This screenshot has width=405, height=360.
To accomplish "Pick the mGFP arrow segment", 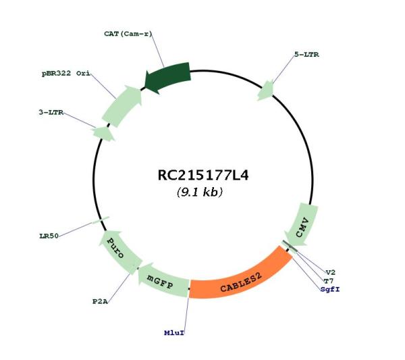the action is [163, 280].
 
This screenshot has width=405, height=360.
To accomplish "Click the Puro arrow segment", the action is [118, 251].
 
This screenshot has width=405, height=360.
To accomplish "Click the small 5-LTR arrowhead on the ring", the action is [265, 90].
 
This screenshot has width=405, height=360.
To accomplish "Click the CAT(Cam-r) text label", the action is [128, 34].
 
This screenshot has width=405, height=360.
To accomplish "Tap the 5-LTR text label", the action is [306, 55].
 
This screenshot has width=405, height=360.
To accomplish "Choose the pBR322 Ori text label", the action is [66, 74].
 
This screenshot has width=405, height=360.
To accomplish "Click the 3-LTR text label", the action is [51, 112].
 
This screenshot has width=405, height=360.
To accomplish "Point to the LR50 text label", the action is [49, 236].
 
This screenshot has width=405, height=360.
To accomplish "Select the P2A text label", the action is [100, 301].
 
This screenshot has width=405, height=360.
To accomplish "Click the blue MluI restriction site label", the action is [174, 332].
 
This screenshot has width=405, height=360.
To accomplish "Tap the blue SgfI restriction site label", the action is [330, 289].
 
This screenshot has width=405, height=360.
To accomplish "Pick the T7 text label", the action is [329, 281].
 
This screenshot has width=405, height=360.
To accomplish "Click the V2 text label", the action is [331, 272].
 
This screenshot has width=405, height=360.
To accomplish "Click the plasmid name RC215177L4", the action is [203, 175].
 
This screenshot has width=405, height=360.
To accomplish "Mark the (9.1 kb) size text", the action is [200, 192].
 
